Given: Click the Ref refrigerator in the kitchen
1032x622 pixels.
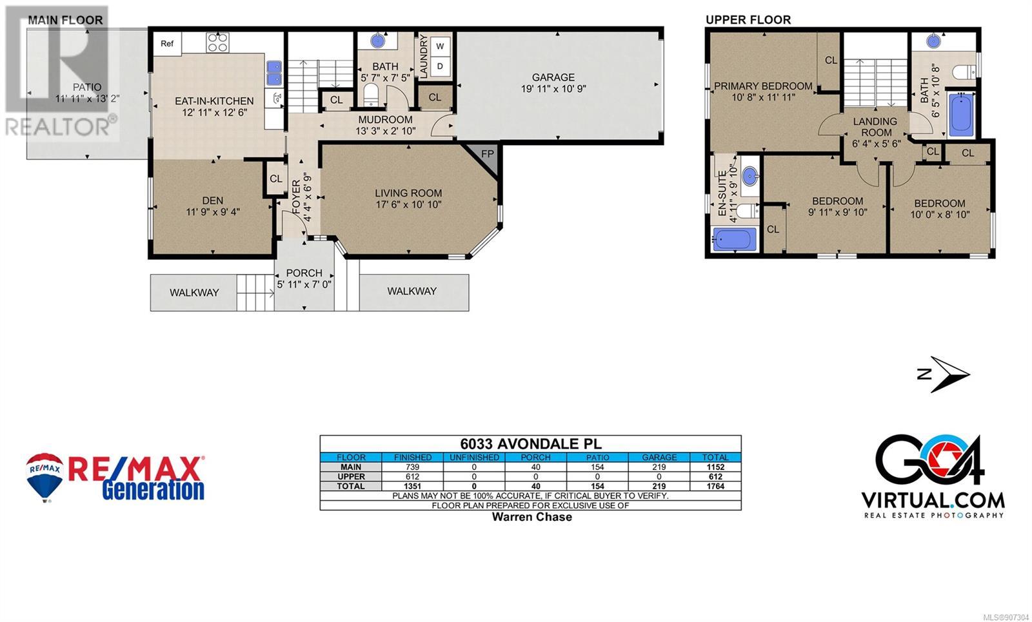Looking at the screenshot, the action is click(167, 44).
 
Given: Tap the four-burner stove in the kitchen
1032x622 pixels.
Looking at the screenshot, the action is click(217, 43).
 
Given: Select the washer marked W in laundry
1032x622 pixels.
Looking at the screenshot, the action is click(440, 46).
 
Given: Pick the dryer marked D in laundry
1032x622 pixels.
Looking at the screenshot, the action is click(440, 66).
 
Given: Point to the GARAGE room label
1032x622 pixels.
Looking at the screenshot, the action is click(553, 77).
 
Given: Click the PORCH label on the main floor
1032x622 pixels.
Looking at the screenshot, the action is click(304, 273).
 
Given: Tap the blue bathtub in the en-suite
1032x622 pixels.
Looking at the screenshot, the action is click(735, 239).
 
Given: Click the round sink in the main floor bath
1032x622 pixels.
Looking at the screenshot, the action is click(378, 41).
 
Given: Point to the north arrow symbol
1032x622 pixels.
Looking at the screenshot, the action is click(944, 374).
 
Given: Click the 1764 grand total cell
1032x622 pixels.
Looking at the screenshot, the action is click(715, 486).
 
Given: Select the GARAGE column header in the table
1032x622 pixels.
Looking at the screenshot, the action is click(659, 457).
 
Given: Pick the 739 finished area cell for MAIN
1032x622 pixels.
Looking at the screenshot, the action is click(412, 467).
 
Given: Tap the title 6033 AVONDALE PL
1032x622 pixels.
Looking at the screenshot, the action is click(531, 444).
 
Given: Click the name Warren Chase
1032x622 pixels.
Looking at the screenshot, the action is click(532, 516).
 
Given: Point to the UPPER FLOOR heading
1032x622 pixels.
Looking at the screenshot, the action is click(748, 20).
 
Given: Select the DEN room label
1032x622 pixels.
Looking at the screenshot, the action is click(213, 200).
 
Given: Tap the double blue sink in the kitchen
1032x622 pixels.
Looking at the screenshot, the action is click(275, 73).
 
